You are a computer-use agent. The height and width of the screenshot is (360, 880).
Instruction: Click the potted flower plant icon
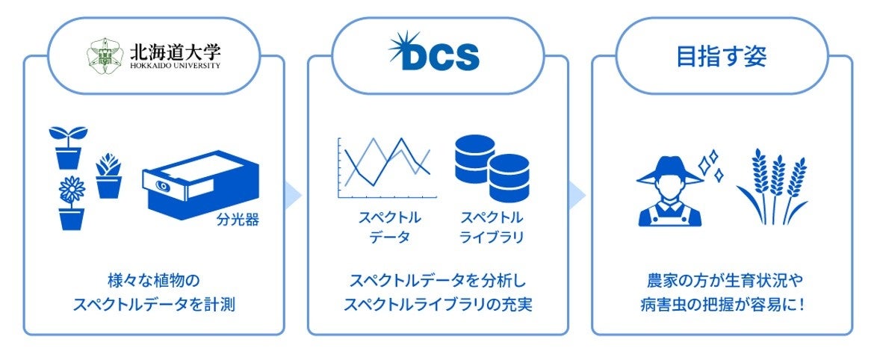(72, 202)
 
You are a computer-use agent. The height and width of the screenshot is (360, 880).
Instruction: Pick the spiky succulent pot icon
(109, 176)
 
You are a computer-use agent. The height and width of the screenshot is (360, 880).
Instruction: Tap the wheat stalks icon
(772, 187)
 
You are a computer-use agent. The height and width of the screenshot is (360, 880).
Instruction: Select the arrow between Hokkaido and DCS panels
(295, 196)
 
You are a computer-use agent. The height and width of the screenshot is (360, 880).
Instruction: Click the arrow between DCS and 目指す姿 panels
(579, 196)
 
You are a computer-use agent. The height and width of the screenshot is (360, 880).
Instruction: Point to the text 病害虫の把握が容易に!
(721, 305)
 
